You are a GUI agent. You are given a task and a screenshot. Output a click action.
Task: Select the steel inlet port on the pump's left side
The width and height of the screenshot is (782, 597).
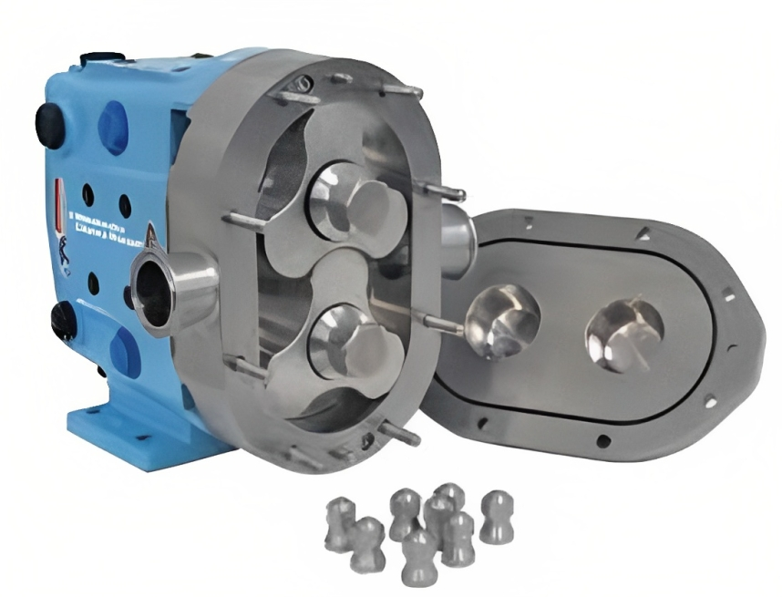click(x=170, y=290)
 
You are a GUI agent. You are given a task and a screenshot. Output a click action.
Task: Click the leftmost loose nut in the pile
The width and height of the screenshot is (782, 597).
click(x=340, y=521)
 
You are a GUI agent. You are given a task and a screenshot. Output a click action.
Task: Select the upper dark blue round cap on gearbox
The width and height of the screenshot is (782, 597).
click(x=113, y=122)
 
